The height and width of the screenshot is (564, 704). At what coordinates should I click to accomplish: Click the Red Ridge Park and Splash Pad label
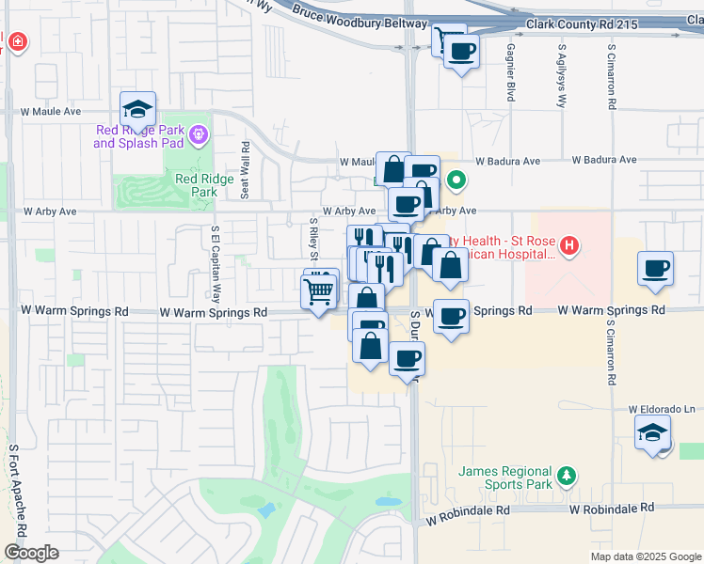138,136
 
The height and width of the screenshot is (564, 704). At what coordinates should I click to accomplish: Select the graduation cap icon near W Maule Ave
137,109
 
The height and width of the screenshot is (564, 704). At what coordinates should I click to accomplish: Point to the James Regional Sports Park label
504,478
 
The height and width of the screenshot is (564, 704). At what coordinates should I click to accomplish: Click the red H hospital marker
568,247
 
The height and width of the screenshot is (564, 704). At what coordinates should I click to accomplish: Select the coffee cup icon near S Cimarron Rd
656,269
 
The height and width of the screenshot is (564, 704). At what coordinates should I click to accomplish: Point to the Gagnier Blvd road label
511,72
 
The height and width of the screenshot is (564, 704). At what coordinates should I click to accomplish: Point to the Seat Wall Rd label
245,170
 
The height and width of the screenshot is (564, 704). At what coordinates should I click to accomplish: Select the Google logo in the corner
31,553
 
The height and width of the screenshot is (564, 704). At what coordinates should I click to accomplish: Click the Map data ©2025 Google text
645,556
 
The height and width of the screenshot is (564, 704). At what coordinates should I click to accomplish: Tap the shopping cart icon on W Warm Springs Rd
318,292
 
